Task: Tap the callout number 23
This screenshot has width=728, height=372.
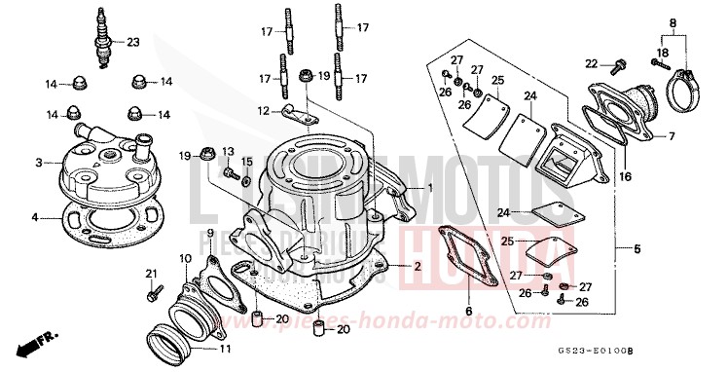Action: (x=133, y=41)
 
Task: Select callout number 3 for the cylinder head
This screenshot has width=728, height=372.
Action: (x=38, y=162)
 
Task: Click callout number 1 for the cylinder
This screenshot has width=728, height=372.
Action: (x=426, y=186)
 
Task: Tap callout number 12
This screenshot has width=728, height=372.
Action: (x=263, y=110)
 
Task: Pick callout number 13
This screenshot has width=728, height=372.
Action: (x=229, y=150)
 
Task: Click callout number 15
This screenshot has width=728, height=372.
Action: (x=247, y=161)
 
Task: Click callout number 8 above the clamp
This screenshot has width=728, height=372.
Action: (x=671, y=21)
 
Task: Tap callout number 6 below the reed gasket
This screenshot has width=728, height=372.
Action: (x=468, y=312)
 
